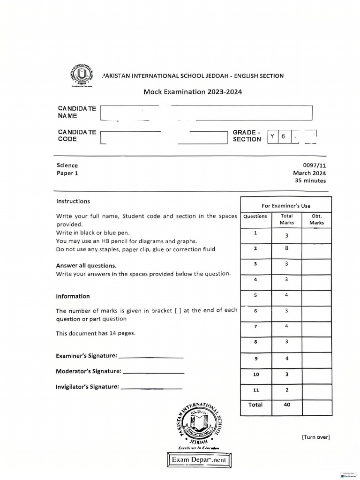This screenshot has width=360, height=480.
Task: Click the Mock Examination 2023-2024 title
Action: tap(193, 92)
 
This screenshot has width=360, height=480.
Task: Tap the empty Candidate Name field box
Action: tap(206, 113)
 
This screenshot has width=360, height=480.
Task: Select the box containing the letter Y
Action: tap(272, 136)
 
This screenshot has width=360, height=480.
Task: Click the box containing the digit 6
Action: tap(283, 136)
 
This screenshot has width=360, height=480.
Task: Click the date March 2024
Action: tap(309, 173)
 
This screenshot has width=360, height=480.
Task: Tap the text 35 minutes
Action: tap(310, 180)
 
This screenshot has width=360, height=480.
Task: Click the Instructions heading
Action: tap(73, 201)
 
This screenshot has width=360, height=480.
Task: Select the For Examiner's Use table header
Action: tap(285, 205)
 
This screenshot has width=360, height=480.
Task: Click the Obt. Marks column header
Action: tap(316, 219)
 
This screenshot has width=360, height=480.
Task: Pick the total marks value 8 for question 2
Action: tap(286, 248)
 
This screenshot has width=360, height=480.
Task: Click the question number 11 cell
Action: tap(255, 390)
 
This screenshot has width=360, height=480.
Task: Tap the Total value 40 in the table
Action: tap(287, 405)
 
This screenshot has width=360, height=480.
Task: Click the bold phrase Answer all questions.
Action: tap(86, 265)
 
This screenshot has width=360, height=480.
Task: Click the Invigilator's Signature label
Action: tap(87, 387)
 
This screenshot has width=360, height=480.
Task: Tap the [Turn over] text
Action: tap(316, 437)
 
